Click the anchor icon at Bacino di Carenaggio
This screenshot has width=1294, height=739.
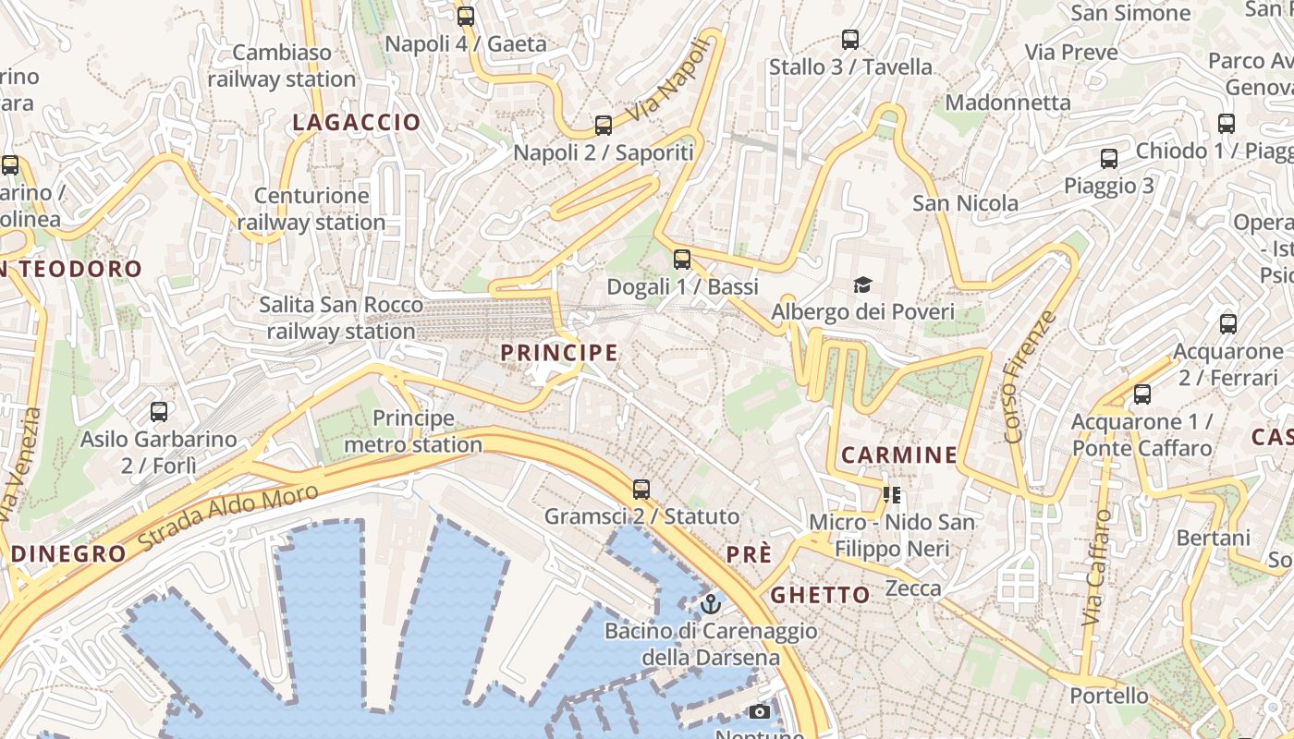pyautogui.click(x=710, y=604)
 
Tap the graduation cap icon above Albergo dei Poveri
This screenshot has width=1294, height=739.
pyautogui.click(x=862, y=285)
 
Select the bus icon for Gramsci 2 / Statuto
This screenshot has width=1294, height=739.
pyautogui.click(x=641, y=489)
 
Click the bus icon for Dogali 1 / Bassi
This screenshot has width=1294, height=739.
pyautogui.click(x=682, y=260)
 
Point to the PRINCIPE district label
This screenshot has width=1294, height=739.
pyautogui.click(x=559, y=353)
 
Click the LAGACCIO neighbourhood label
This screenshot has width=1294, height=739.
pyautogui.click(x=357, y=122)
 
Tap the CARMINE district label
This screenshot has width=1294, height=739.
pyautogui.click(x=898, y=454)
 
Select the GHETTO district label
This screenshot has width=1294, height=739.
pyautogui.click(x=821, y=595)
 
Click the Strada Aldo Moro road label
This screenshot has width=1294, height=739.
pyautogui.click(x=228, y=518)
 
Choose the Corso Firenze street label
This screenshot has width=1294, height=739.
pyautogui.click(x=1029, y=377)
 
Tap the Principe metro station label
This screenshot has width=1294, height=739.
pyautogui.click(x=413, y=431)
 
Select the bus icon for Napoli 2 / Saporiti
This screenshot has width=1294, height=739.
pyautogui.click(x=604, y=126)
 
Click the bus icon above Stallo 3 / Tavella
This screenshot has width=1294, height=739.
pyautogui.click(x=850, y=40)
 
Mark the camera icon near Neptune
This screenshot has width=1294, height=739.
pyautogui.click(x=759, y=711)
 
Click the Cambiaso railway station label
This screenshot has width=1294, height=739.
pyautogui.click(x=282, y=66)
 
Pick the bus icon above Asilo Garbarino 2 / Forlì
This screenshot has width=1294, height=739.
pyautogui.click(x=159, y=412)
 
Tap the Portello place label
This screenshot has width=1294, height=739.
pyautogui.click(x=1108, y=696)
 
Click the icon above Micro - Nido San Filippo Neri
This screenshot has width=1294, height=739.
pyautogui.click(x=892, y=495)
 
